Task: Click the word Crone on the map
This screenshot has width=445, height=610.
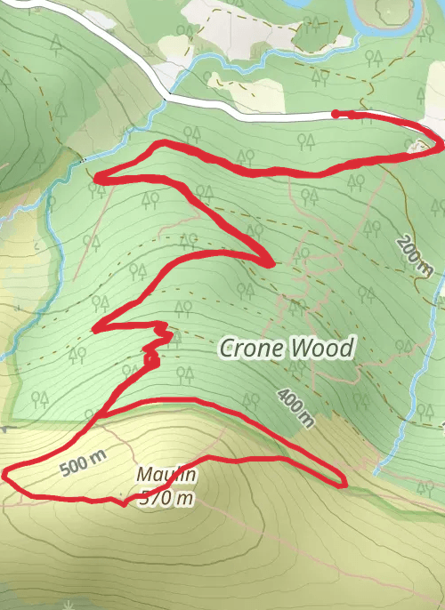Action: point(253,349)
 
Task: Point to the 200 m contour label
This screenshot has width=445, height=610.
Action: point(415,256)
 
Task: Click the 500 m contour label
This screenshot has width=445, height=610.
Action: point(84,464)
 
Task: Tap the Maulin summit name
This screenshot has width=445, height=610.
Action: point(166,478)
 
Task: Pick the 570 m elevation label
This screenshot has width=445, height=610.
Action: point(166,498)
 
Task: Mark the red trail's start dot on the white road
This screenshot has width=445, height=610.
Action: point(336,114)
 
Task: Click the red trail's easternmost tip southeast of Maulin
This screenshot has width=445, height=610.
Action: point(344,485)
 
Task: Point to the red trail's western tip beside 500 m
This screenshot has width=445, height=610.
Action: point(5,473)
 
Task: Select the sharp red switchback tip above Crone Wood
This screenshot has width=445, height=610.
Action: point(270,262)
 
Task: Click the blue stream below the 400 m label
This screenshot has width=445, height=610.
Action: point(392,445)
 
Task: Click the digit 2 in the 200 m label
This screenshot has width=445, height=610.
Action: point(405,242)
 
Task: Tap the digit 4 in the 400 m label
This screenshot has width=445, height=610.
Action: point(283,395)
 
